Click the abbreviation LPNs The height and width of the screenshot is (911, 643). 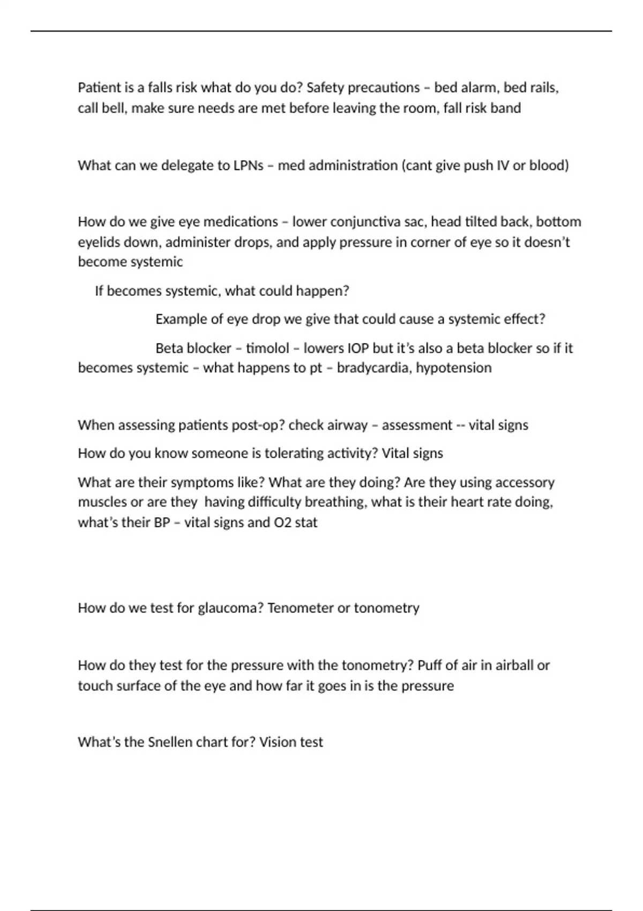click(248, 165)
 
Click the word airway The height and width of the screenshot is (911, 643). click(346, 425)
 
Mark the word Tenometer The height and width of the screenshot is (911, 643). click(300, 608)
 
